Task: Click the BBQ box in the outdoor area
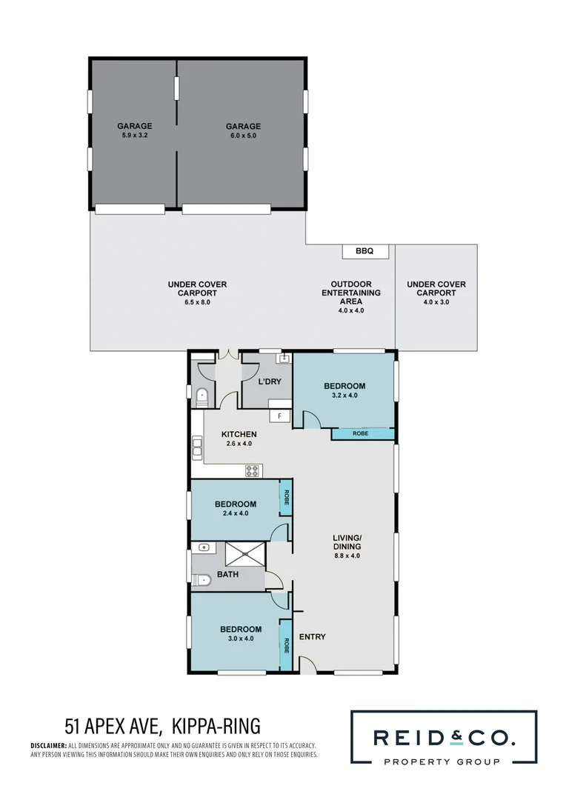(x=364, y=252)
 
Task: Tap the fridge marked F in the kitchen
(x=279, y=416)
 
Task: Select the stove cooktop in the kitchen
(x=253, y=470)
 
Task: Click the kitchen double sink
(x=198, y=447)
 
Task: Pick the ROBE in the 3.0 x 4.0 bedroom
(x=285, y=645)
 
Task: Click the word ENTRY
(x=312, y=637)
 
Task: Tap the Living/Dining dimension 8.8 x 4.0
(x=347, y=555)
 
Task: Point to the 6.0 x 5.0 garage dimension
(x=243, y=136)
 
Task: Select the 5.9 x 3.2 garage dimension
(x=134, y=136)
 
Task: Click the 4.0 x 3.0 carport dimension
(x=436, y=302)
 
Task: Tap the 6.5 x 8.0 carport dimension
(x=197, y=302)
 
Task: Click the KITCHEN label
(x=239, y=434)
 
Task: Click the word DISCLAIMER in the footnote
(x=48, y=745)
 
